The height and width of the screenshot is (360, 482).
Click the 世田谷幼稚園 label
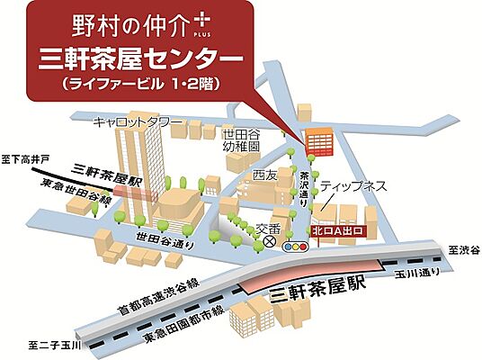click(241, 139)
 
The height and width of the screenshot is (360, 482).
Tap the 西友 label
click(264, 174)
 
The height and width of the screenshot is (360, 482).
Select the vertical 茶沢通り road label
click(305, 187)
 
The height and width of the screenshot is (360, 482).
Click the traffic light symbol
click(293, 246)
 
